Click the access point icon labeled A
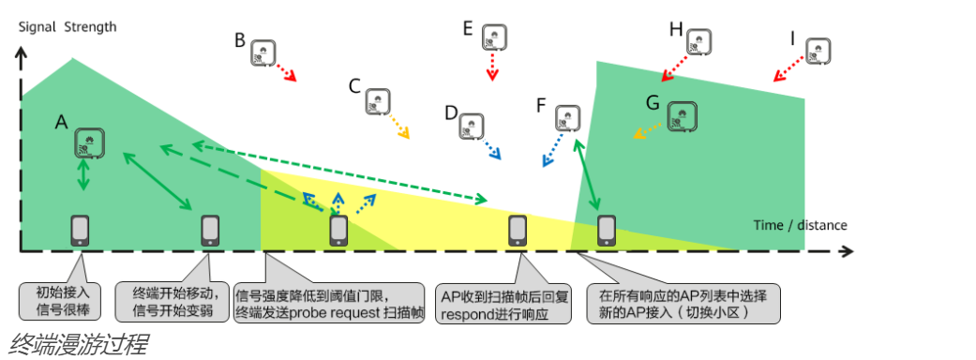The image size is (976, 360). point(89,142)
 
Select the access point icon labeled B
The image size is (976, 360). point(263,53)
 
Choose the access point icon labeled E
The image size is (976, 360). point(494,38)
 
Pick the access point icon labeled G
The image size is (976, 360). point(682,115)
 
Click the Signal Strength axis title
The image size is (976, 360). point(68,26)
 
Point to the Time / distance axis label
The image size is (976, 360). point(800,225)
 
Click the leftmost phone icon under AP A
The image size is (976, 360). point(81,230)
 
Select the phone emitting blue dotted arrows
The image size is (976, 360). point(338,230)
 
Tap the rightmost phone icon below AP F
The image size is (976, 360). point(607,230)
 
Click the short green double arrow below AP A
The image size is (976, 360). point(84,175)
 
